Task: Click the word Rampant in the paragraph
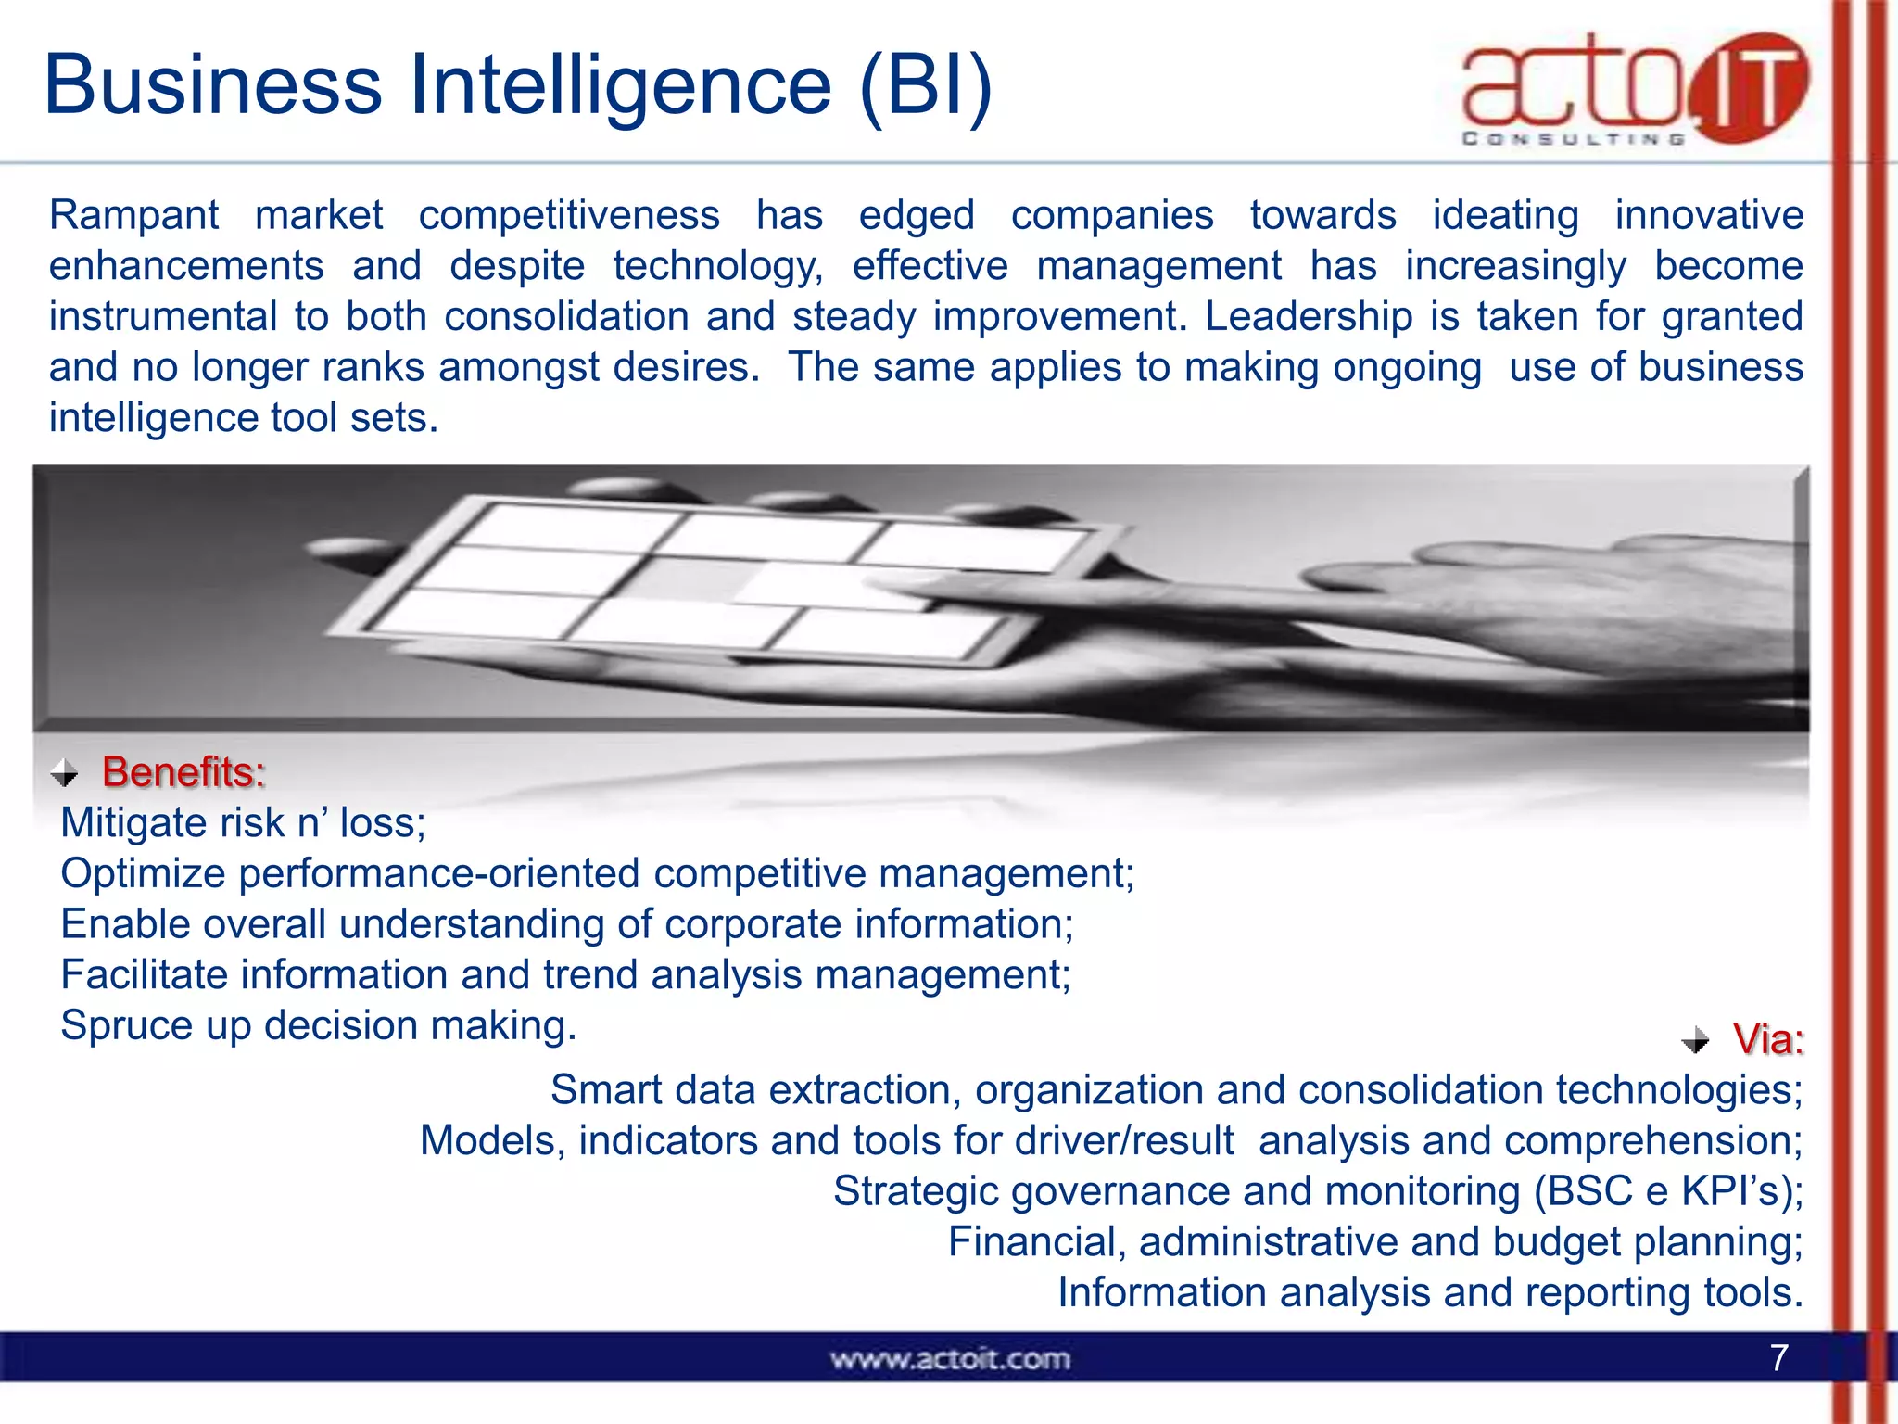(133, 215)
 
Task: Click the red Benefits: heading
(183, 771)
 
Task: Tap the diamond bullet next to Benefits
(64, 772)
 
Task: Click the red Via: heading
(1767, 1039)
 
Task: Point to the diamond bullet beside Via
(1695, 1040)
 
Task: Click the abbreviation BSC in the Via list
(1588, 1191)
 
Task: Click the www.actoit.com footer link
(949, 1359)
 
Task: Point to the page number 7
(1778, 1358)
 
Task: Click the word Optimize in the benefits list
(143, 874)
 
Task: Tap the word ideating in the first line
(1505, 215)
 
